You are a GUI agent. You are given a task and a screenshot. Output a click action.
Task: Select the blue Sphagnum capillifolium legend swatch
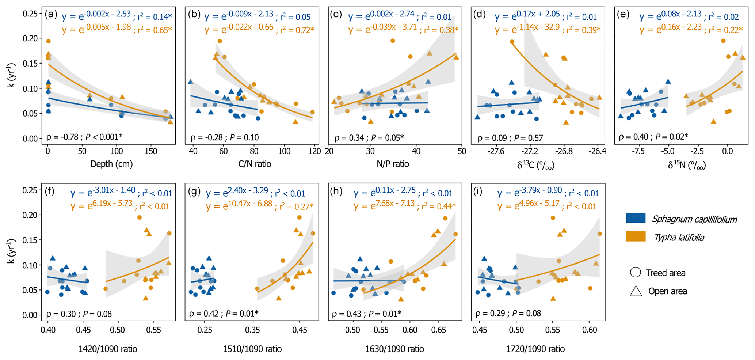tap(636, 218)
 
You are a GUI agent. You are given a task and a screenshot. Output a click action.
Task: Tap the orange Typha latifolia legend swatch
tap(636, 236)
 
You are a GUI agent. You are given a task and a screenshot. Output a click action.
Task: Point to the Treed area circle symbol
tap(635, 272)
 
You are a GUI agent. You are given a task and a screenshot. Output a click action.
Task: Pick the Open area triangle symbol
tap(636, 291)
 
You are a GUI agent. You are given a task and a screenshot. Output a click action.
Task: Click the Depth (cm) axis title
tap(111, 164)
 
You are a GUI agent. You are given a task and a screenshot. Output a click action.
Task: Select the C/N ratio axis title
tap(255, 164)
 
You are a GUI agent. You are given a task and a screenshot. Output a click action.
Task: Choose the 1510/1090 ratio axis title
tap(252, 349)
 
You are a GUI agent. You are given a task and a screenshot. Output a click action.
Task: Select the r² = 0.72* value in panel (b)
tap(297, 30)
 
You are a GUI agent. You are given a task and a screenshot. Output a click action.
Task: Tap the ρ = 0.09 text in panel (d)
tap(492, 138)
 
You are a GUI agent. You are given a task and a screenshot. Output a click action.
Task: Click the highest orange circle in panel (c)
tap(393, 41)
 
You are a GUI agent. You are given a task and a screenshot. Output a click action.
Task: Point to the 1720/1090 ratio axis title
tap(535, 349)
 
